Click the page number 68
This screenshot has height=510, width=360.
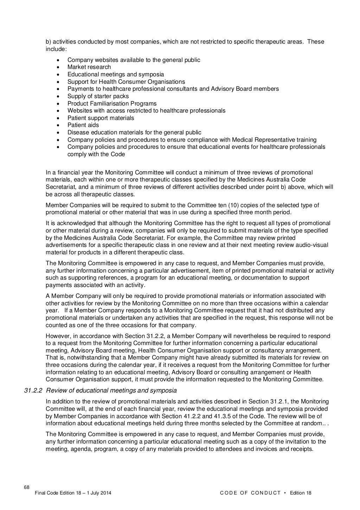[27, 487]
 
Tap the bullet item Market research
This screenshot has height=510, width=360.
[89, 67]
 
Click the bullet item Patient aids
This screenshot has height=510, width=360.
[83, 125]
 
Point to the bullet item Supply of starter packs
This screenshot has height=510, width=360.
[98, 96]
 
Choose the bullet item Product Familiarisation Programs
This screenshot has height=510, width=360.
[112, 104]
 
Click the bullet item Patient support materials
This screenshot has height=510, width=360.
[101, 118]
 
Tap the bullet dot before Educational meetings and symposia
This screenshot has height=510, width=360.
[58, 75]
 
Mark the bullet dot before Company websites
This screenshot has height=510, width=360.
[58, 60]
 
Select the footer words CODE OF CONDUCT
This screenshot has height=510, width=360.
[250, 493]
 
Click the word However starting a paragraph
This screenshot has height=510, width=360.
[58, 336]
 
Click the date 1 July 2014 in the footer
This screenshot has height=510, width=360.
[100, 493]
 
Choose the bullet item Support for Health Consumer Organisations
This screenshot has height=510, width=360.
[126, 82]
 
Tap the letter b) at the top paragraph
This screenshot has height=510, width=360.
[49, 42]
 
